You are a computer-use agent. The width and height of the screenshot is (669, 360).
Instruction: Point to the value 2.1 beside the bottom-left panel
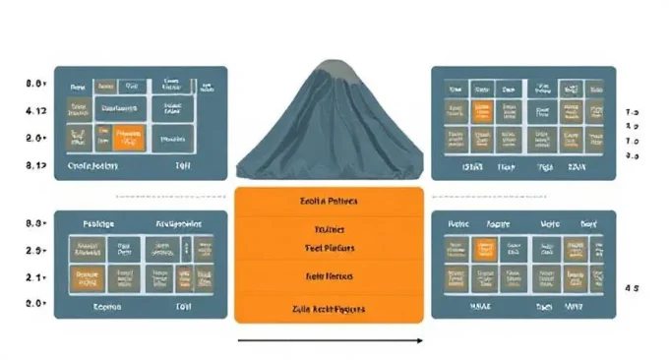(x=31, y=278)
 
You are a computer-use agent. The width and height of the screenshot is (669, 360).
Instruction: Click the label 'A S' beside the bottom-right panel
(x=633, y=288)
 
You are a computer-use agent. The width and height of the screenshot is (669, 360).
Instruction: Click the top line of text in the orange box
(x=329, y=201)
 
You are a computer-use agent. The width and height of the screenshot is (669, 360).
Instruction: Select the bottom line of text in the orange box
(x=329, y=309)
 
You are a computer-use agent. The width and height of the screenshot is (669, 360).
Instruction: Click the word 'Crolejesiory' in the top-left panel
(x=92, y=166)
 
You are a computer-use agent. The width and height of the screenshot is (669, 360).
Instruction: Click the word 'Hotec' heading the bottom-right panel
(x=459, y=224)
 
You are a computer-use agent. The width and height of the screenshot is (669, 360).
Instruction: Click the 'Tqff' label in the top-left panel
(x=184, y=166)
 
